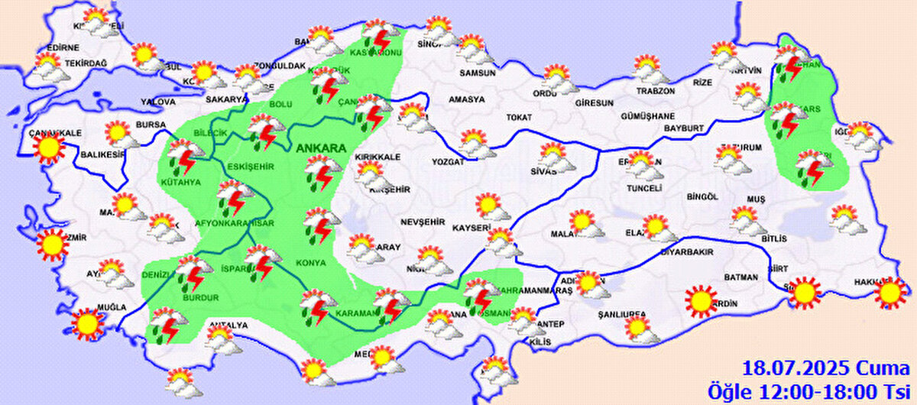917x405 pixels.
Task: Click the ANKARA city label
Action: point(322,148)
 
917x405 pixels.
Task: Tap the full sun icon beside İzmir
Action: point(52,244)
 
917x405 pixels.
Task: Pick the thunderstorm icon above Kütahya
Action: point(183,157)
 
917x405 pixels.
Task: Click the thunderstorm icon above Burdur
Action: point(193,274)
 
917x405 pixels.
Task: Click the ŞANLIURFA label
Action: point(622,315)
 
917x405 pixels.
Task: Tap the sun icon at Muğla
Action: point(87,323)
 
